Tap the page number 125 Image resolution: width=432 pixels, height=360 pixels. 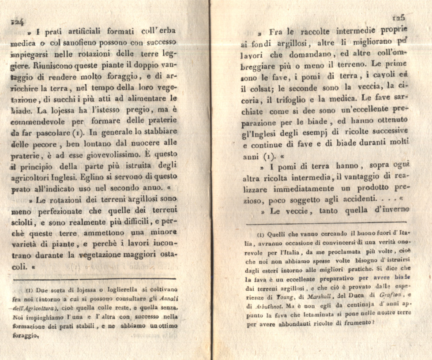[x=398, y=18]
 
